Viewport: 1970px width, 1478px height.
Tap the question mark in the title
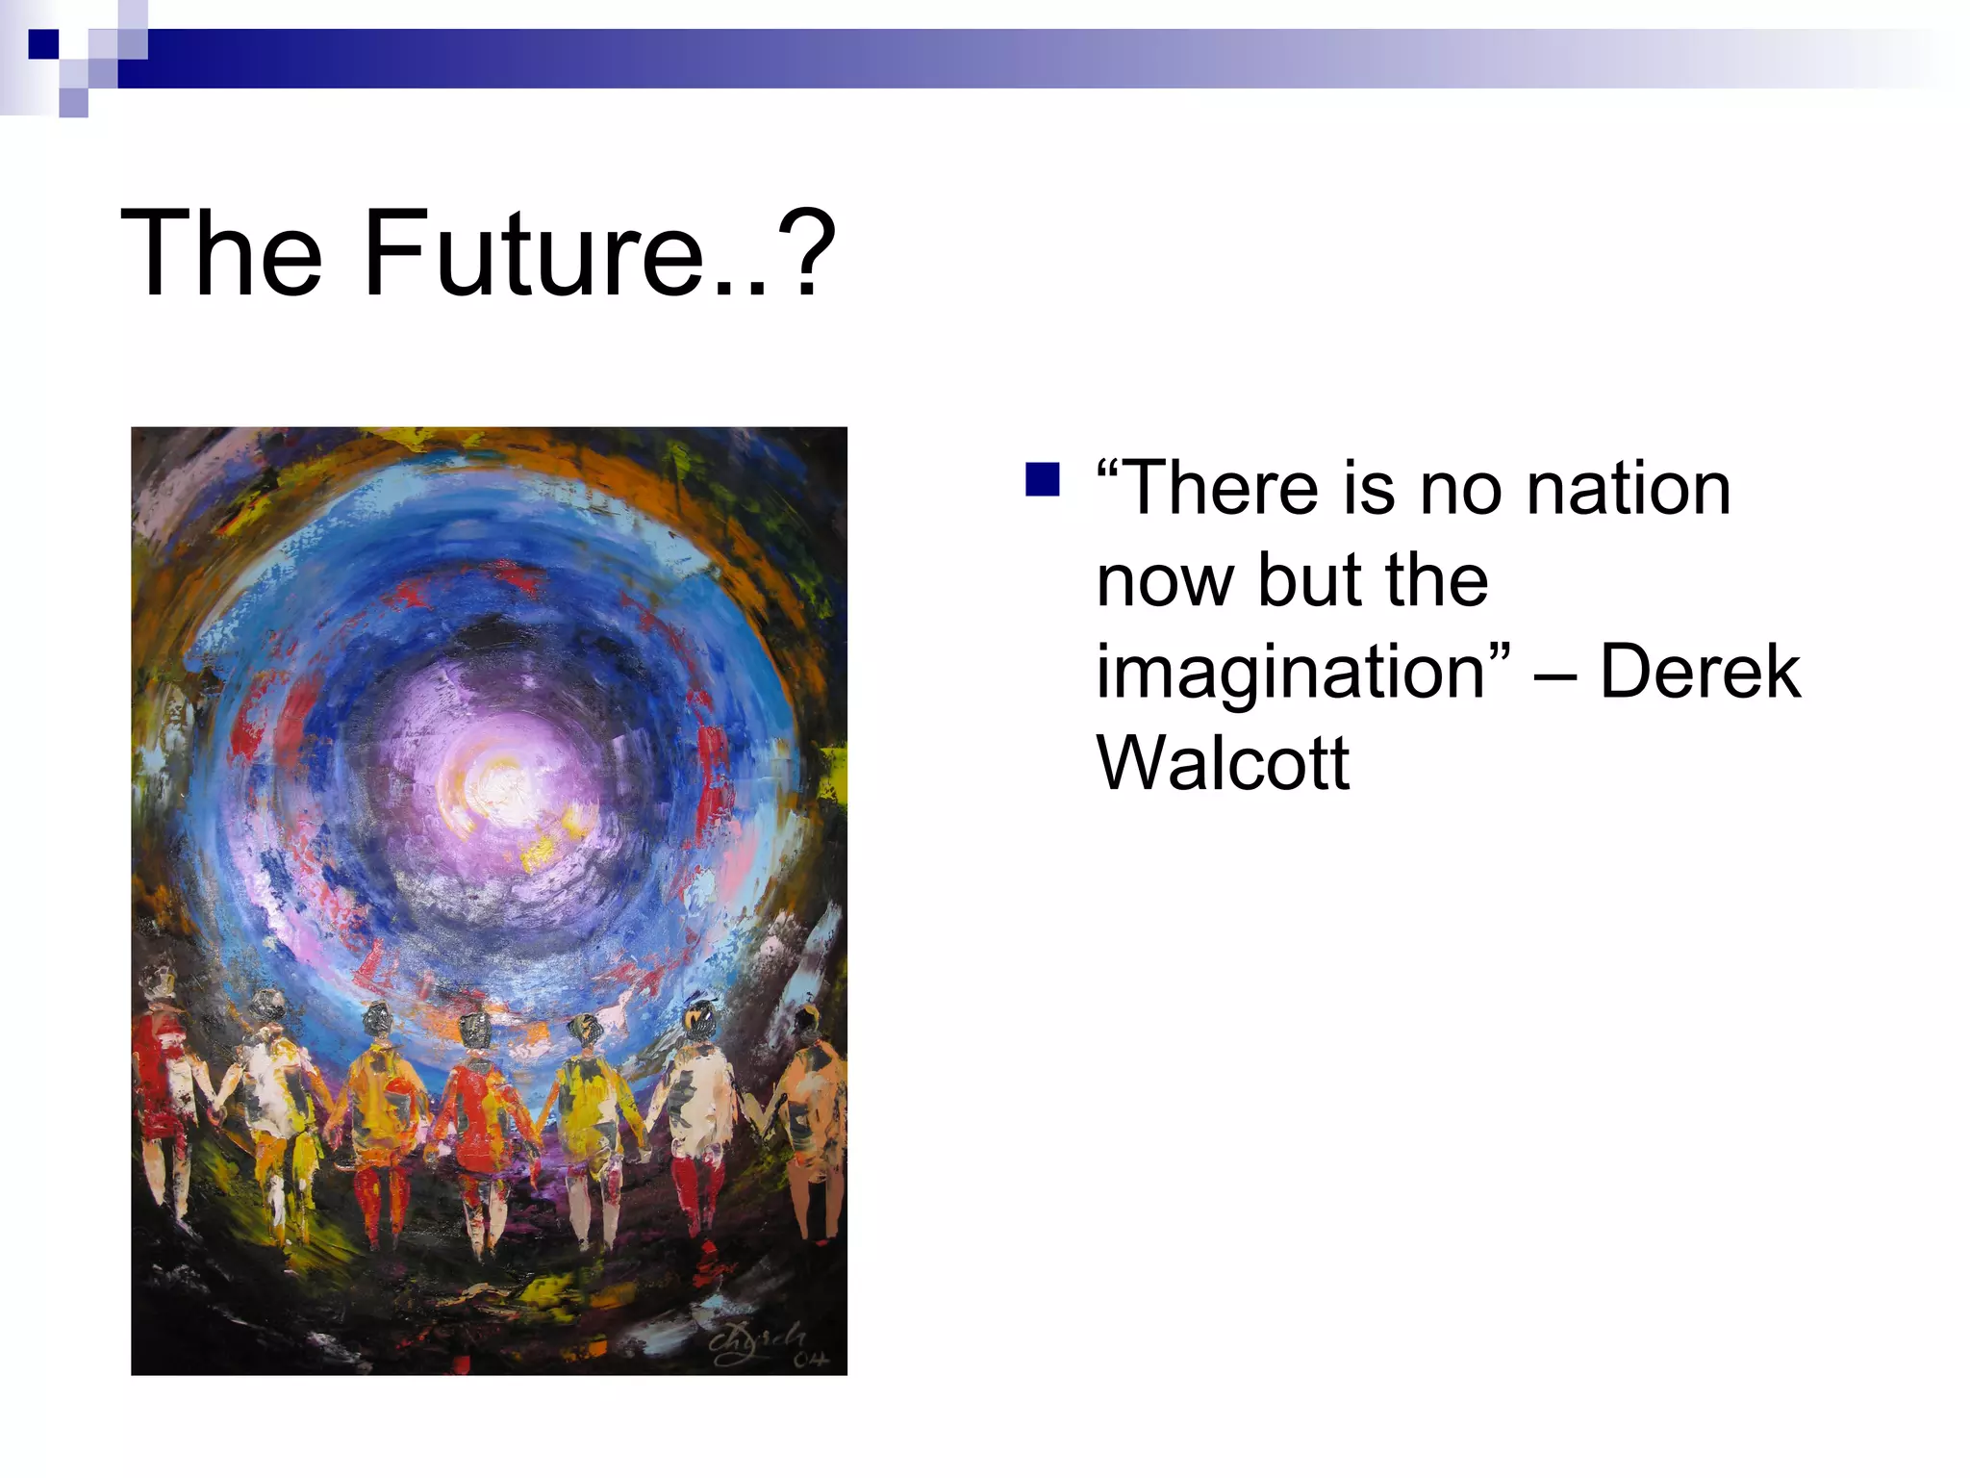[x=803, y=255]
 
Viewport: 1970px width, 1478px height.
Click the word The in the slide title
[x=221, y=255]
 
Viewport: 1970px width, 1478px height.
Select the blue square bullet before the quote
[x=1042, y=479]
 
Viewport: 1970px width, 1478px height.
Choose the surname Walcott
[x=1223, y=763]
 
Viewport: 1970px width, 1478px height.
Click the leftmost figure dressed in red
[x=161, y=1087]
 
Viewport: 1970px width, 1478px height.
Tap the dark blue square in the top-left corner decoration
[x=43, y=43]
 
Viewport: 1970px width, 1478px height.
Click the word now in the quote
[x=1165, y=582]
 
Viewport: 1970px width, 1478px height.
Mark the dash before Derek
[x=1554, y=674]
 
